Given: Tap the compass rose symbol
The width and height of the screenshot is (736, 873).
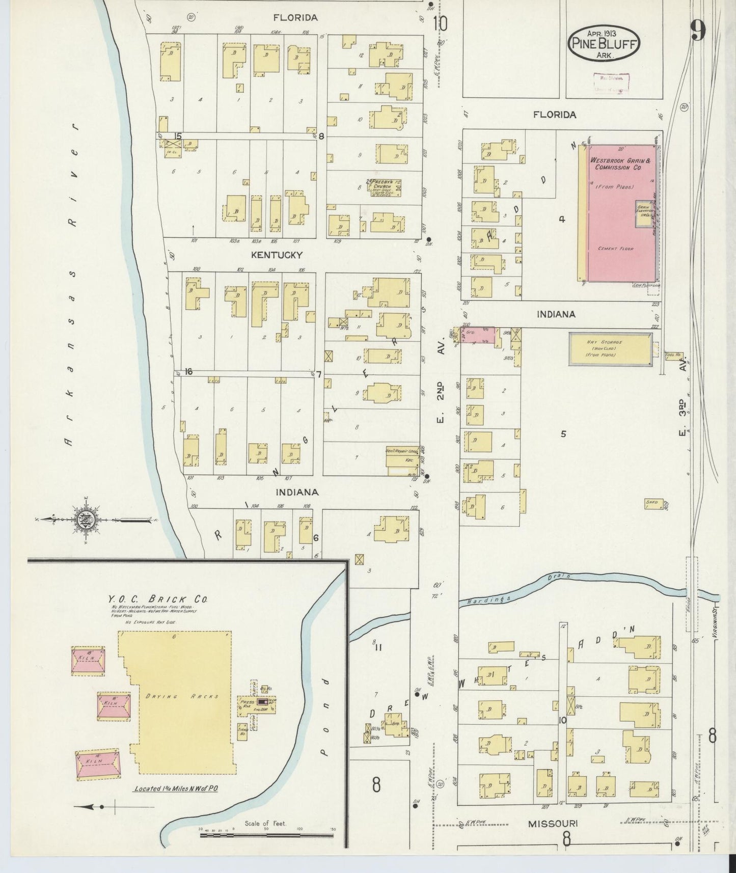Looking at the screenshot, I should coord(83,520).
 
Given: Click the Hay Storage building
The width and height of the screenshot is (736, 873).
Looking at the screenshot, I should coord(610,349).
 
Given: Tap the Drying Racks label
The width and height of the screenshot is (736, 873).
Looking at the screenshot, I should coord(181,696).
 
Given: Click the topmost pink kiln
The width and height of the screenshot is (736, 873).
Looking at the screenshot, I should coord(88,661).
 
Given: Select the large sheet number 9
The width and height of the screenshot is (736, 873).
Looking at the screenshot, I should coord(698,32).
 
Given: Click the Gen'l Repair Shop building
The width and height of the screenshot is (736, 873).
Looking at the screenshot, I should coord(402,457).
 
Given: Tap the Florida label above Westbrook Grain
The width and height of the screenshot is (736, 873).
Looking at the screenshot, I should coord(555,115).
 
